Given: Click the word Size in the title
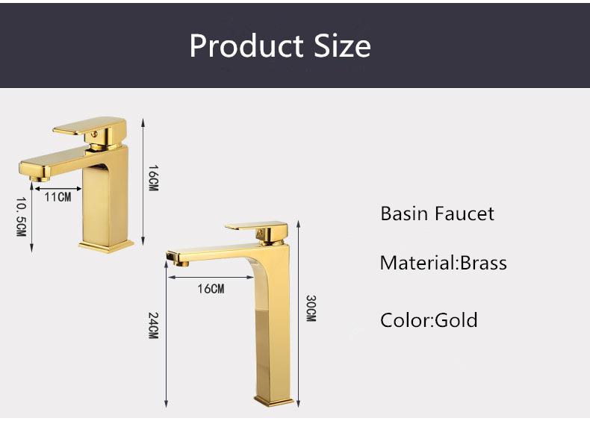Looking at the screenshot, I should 340,46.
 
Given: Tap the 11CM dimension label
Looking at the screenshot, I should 58,197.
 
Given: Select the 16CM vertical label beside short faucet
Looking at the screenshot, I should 152,178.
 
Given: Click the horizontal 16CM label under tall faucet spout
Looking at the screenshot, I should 211,289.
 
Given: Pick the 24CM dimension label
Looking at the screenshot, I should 152,325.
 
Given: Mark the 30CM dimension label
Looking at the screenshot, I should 311,308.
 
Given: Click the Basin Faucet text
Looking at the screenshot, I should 437,213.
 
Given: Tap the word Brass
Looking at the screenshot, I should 483,263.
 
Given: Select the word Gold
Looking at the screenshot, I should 456,320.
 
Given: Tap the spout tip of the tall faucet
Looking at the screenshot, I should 177,261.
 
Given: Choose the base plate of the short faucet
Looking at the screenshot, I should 106,245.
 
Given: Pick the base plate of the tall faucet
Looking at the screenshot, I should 273,401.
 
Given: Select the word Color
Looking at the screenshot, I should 404,320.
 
